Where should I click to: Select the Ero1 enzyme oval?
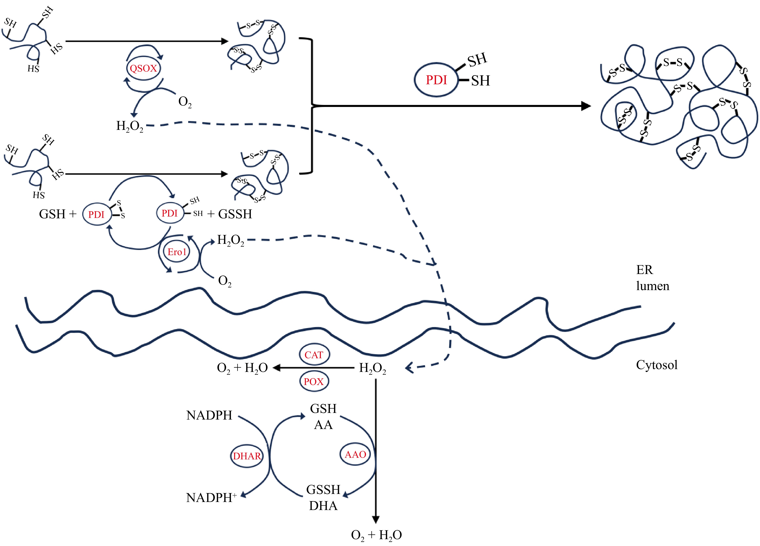coord(177,252)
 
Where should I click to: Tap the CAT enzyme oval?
coord(314,355)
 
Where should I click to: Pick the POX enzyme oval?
coord(314,382)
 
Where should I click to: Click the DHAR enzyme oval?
coord(247,456)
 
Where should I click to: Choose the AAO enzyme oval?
coord(355,455)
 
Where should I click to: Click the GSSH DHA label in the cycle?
coord(323,498)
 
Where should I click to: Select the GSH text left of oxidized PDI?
coord(52,214)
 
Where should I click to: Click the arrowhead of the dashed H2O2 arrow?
coord(409,368)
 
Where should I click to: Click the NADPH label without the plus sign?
coord(209,415)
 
